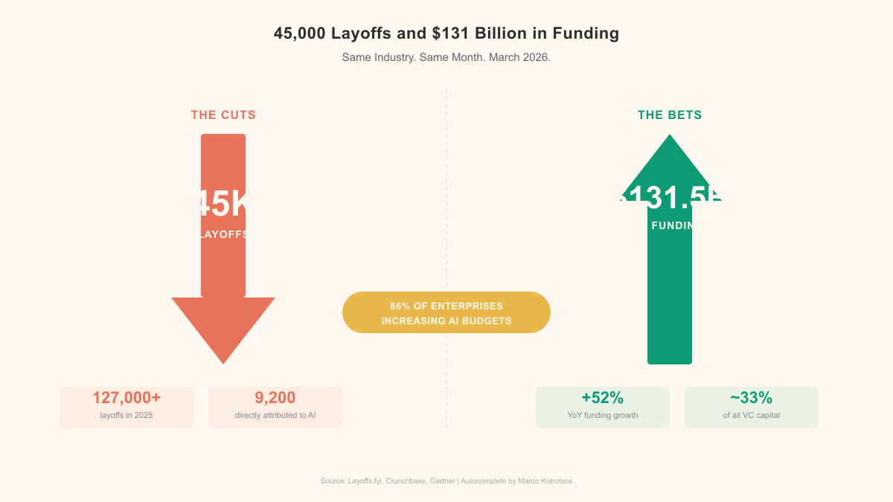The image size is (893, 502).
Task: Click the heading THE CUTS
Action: (223, 115)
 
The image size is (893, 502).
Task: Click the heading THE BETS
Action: (670, 115)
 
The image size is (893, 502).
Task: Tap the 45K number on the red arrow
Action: (223, 204)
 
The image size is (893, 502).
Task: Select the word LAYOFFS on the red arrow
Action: (223, 234)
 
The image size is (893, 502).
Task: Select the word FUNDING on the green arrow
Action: (672, 225)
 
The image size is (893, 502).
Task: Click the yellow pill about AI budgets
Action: (446, 312)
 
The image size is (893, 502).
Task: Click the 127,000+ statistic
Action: (127, 398)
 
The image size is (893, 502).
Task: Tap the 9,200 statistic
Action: (275, 398)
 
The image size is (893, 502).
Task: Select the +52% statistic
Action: (603, 398)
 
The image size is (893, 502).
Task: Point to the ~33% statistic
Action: (752, 398)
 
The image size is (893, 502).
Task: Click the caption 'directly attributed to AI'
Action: (275, 415)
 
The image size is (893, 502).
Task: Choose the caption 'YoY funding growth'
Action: (603, 415)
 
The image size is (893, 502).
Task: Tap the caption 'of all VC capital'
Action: (752, 415)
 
